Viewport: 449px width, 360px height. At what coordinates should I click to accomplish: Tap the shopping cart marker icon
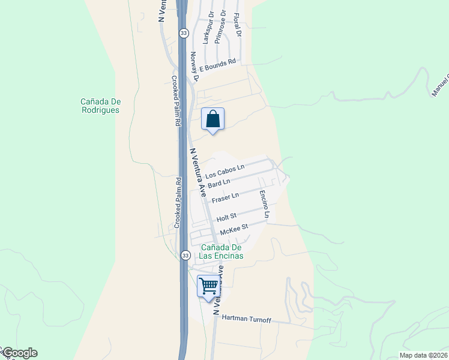coord(208,286)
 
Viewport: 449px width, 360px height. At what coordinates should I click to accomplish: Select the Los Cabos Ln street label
coord(225,172)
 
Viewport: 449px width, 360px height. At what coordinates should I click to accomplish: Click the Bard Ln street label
coord(219,182)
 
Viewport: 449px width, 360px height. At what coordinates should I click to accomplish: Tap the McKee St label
coord(234,229)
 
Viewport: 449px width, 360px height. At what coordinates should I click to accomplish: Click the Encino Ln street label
coord(264,204)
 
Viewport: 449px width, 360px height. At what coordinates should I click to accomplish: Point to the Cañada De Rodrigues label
coord(100,106)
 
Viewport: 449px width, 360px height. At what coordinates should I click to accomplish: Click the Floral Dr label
coord(237,26)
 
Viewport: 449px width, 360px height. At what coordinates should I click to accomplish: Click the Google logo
coord(20,353)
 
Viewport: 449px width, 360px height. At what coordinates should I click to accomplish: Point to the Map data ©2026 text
coord(423,355)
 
